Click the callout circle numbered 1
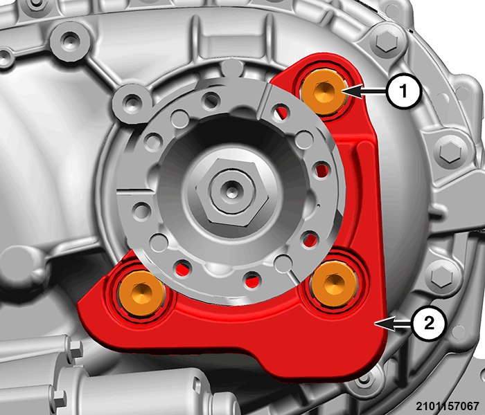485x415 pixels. (403, 91)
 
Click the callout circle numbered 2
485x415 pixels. (429, 324)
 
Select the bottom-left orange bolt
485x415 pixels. (142, 294)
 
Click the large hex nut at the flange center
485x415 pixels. (232, 191)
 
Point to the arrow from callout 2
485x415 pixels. (393, 324)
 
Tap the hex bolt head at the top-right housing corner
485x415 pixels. (387, 41)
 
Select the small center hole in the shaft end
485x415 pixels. (230, 192)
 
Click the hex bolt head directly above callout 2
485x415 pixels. (442, 275)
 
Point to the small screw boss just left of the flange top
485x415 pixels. (132, 102)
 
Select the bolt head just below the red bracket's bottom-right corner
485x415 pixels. (364, 383)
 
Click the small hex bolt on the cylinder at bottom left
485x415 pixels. (74, 349)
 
